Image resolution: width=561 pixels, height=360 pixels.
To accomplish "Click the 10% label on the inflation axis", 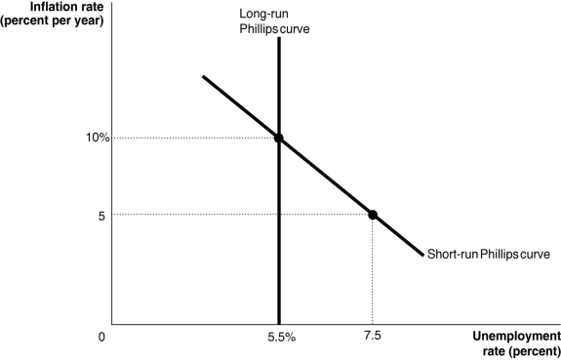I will pyautogui.click(x=96, y=138).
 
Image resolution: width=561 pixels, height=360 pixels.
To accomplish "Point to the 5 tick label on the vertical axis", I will pyautogui.click(x=100, y=215).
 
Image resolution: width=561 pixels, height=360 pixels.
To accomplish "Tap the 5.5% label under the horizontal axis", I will pyautogui.click(x=281, y=337).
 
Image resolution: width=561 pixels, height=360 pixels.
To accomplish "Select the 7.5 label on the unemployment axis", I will pyautogui.click(x=372, y=337).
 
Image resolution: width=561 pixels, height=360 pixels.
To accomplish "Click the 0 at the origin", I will pyautogui.click(x=100, y=338).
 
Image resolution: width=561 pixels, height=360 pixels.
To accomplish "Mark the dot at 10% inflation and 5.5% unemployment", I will pyautogui.click(x=279, y=139).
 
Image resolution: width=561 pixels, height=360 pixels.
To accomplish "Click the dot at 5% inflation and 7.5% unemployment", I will pyautogui.click(x=372, y=215).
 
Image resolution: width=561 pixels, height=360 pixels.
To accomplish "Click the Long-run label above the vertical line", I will pyautogui.click(x=263, y=14).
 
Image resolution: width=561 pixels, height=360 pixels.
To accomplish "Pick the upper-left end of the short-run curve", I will pyautogui.click(x=203, y=76).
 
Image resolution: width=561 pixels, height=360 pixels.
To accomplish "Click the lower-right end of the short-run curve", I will pyautogui.click(x=421, y=255).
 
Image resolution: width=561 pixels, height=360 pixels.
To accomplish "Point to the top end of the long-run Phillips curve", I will pyautogui.click(x=279, y=39).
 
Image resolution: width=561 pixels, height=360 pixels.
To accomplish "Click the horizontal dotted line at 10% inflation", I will pyautogui.click(x=195, y=139).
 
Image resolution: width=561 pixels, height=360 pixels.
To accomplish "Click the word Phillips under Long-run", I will pyautogui.click(x=260, y=28).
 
